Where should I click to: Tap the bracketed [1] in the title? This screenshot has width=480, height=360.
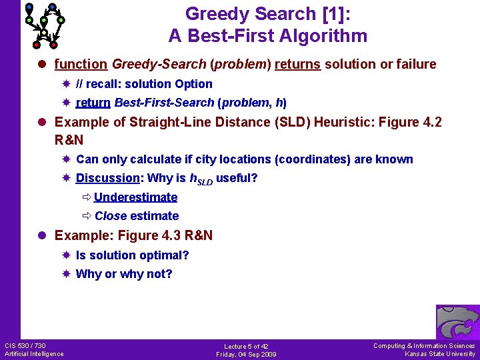coord(335,13)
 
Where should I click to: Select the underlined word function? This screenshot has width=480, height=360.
coord(81,65)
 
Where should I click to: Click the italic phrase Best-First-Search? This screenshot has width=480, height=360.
coord(165,103)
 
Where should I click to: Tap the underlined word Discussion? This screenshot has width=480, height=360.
coord(107,179)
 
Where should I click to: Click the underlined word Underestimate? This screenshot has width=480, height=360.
coord(136,197)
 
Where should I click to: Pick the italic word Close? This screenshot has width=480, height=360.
coord(111,216)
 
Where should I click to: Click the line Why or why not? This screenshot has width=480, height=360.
coord(124,274)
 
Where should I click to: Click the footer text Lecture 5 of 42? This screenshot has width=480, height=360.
coord(246,347)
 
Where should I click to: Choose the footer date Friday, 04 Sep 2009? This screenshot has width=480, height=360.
coord(246,355)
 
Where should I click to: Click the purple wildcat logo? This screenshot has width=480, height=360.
coord(457,323)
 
